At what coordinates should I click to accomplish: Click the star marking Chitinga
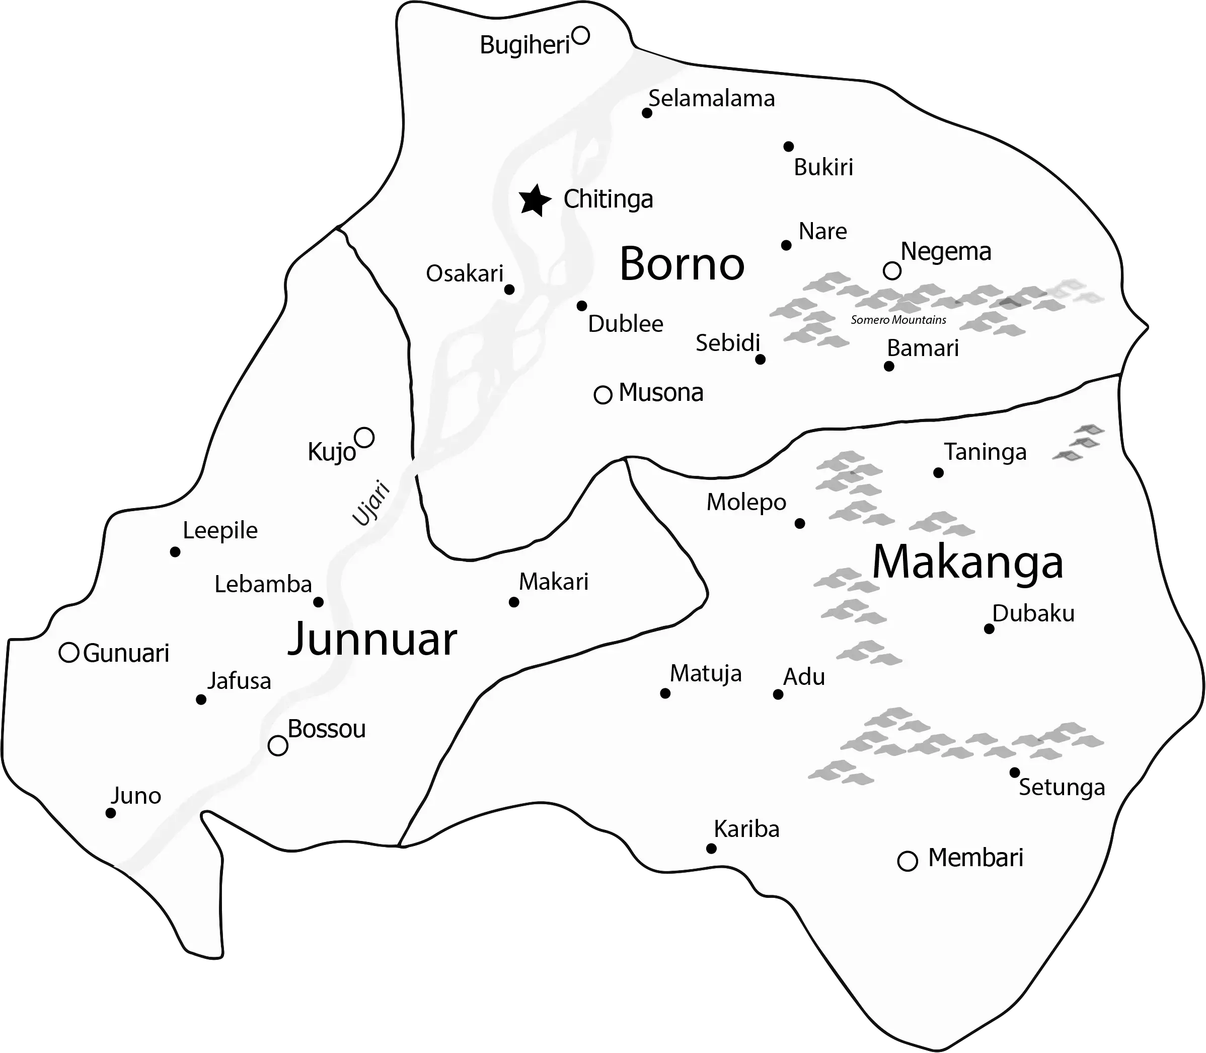(535, 201)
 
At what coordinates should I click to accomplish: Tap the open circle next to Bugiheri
(580, 36)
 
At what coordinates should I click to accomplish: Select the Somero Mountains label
(898, 320)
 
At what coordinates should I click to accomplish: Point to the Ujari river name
(371, 503)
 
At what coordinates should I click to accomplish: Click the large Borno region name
(682, 264)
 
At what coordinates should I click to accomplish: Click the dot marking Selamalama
(647, 113)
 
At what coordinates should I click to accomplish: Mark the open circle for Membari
(908, 862)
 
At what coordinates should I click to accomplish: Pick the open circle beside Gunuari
(69, 653)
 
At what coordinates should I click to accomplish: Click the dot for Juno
(110, 813)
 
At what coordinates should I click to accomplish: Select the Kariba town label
(746, 829)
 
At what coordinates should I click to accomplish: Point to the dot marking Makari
(514, 602)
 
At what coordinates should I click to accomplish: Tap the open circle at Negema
(892, 271)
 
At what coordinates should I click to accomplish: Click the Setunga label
(1062, 788)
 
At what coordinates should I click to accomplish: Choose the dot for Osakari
(509, 289)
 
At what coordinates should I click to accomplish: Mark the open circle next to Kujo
(364, 438)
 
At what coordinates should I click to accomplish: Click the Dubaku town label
(1033, 613)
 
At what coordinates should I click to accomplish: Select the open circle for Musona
(602, 395)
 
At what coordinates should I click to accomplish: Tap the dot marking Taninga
(938, 472)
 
